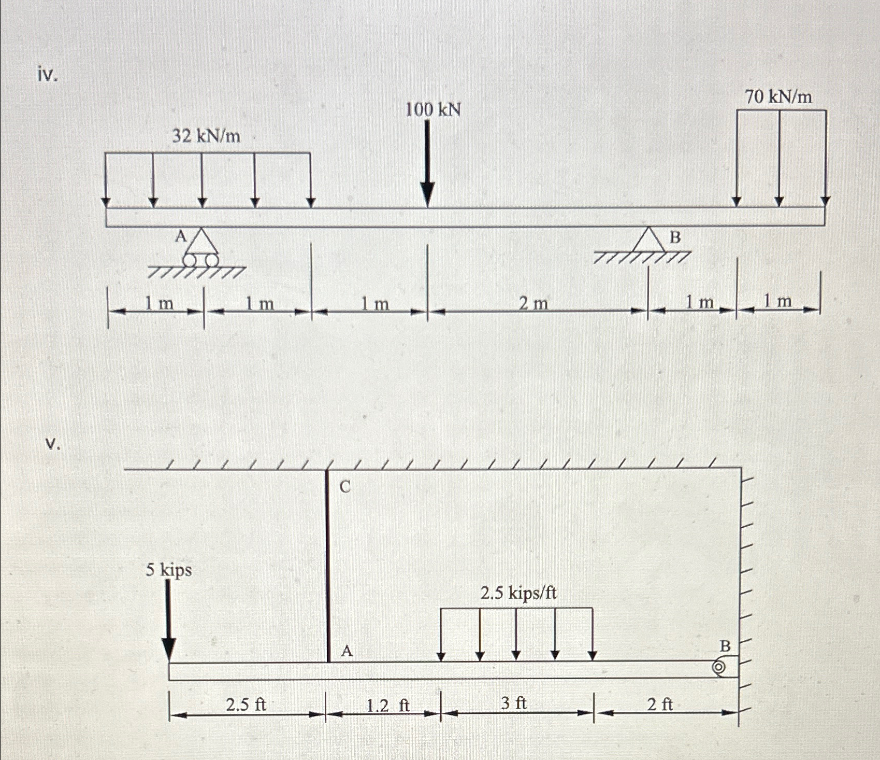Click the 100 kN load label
[x=432, y=110]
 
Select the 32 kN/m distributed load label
[x=206, y=136]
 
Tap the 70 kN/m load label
[x=778, y=97]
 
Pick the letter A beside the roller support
[x=180, y=237]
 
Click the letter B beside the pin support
[x=675, y=238]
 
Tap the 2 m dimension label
[x=533, y=303]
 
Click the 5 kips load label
[x=169, y=570]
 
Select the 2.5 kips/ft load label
[x=518, y=593]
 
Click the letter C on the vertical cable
[x=345, y=487]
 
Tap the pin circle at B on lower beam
[x=719, y=668]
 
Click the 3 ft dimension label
[x=513, y=703]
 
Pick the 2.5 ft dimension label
[x=246, y=705]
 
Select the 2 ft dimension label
[x=660, y=704]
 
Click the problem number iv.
[x=48, y=76]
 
